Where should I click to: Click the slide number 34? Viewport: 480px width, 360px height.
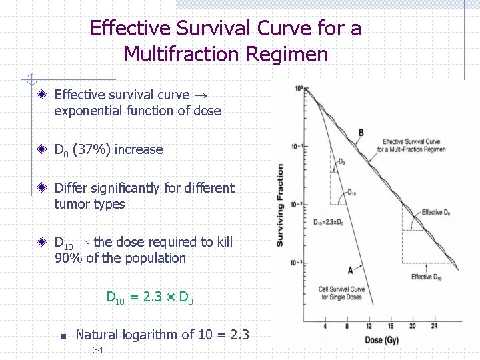[x=98, y=350]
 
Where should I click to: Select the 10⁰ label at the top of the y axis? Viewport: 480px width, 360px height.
[x=298, y=89]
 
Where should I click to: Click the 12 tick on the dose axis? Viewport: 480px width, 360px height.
[x=369, y=326]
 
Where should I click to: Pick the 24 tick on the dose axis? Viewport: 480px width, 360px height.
[x=434, y=326]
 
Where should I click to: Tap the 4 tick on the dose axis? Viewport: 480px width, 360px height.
[x=325, y=326]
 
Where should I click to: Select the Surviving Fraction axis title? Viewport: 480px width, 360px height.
[x=281, y=205]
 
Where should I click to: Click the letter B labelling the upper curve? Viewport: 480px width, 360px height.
[x=361, y=133]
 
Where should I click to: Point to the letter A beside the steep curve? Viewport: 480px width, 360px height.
[x=350, y=269]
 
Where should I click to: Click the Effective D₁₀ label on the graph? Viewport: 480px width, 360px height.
[x=426, y=277]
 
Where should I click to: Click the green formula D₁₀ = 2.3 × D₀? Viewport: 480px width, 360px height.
[x=150, y=297]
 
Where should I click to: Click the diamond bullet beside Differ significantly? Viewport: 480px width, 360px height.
[x=42, y=189]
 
